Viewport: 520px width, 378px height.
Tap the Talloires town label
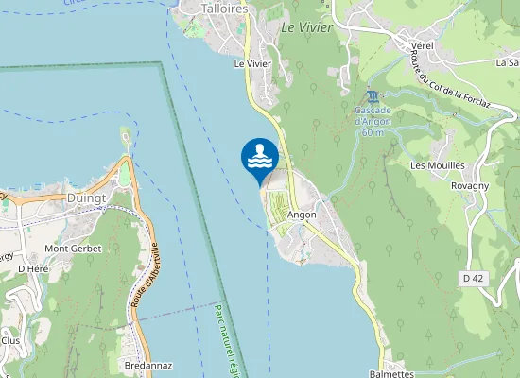pos(225,8)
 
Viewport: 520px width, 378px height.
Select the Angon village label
pos(302,215)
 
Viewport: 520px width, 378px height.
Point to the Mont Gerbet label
pos(73,249)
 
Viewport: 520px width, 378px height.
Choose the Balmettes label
pos(391,373)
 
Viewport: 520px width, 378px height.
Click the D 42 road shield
pos(475,278)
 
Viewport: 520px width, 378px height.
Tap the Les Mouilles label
pos(437,165)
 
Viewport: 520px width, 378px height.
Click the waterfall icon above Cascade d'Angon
pos(374,96)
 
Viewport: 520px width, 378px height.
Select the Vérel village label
pos(422,44)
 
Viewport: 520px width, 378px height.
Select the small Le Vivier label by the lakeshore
pos(252,63)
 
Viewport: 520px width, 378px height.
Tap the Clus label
pos(10,340)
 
